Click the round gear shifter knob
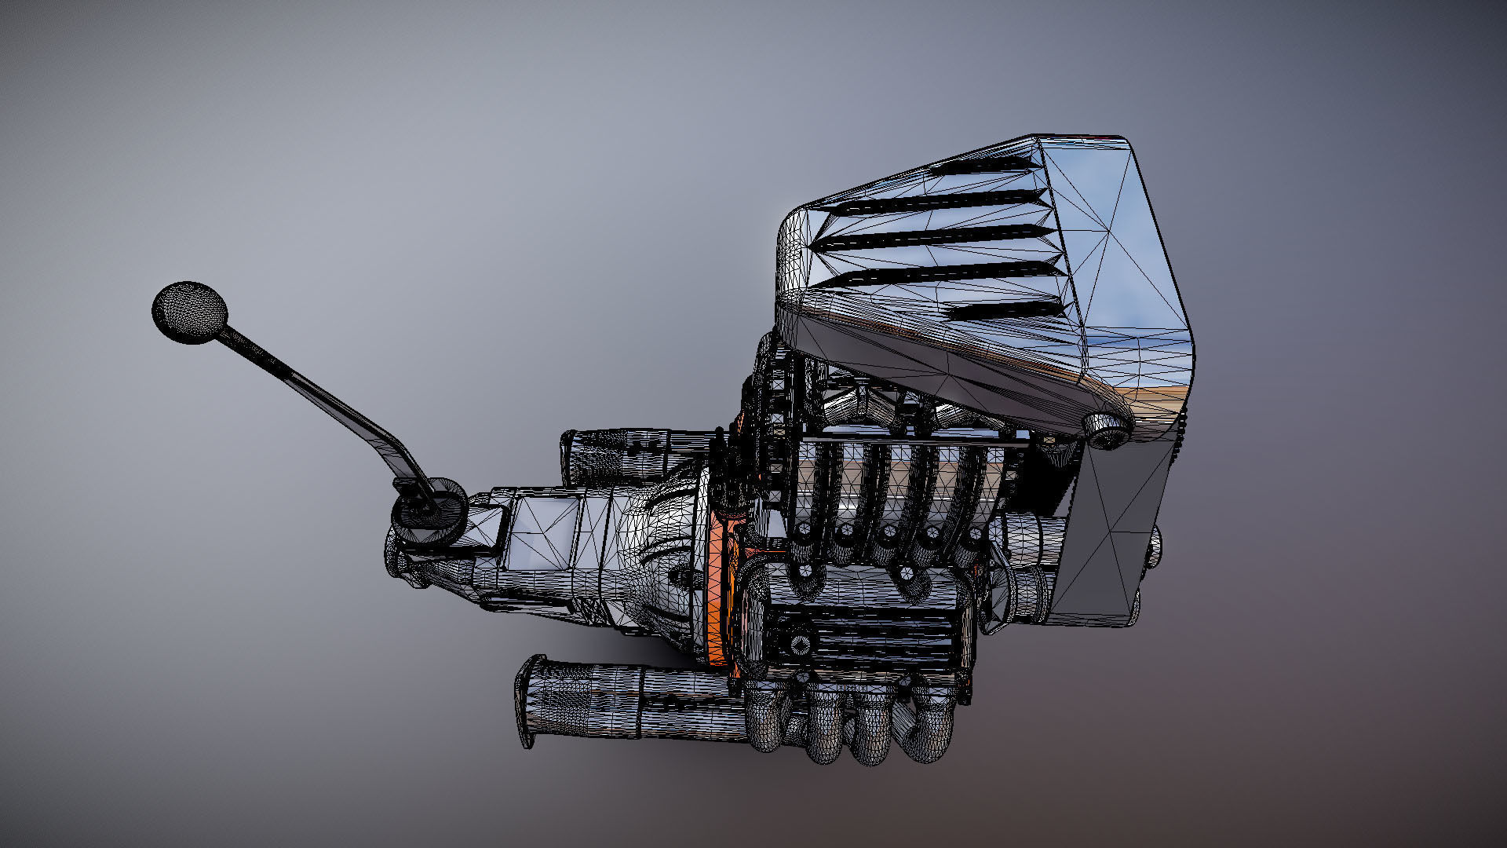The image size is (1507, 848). click(189, 312)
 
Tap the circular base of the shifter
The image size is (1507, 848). click(429, 511)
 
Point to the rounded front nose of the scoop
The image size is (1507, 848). click(793, 259)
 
